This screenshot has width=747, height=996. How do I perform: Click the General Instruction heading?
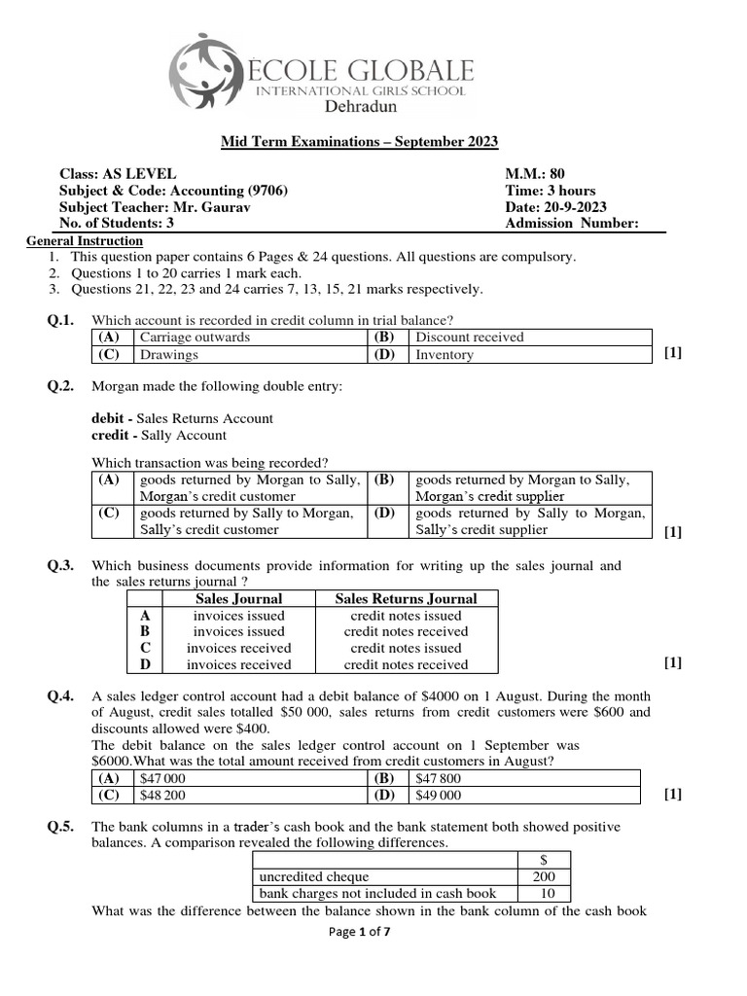85,241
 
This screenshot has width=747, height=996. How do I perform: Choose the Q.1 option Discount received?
469,338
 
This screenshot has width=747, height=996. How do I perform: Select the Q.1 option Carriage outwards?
195,338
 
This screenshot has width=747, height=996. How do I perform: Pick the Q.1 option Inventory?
445,355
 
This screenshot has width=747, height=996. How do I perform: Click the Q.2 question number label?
60,386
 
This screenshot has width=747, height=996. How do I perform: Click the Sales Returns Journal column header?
406,599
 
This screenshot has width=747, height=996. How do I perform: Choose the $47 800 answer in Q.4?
438,778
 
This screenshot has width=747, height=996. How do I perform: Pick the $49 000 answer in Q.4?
438,795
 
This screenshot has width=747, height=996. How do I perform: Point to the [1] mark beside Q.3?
672,663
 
